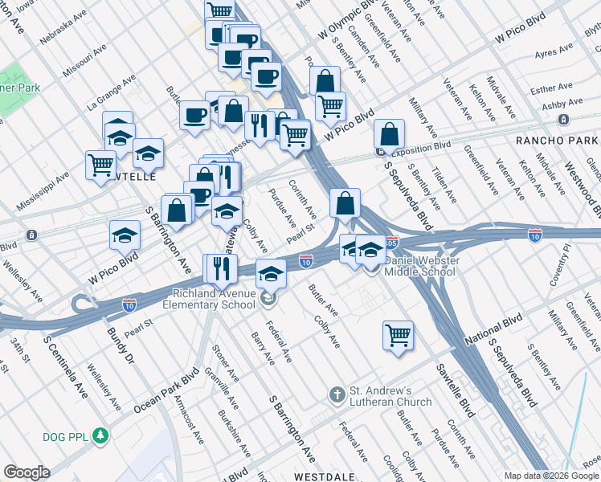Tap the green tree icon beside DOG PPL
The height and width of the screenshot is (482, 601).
pyautogui.click(x=100, y=436)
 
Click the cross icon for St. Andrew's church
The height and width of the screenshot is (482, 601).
pyautogui.click(x=337, y=395)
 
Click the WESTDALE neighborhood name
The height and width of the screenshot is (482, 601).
pyautogui.click(x=325, y=476)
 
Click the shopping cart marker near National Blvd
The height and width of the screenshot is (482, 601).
pyautogui.click(x=398, y=335)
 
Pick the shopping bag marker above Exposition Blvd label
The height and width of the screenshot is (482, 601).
pyautogui.click(x=389, y=135)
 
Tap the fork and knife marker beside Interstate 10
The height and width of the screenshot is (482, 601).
pyautogui.click(x=219, y=268)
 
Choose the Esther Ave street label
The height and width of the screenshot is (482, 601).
pyautogui.click(x=550, y=89)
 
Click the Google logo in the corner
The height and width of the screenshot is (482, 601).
pyautogui.click(x=27, y=472)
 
